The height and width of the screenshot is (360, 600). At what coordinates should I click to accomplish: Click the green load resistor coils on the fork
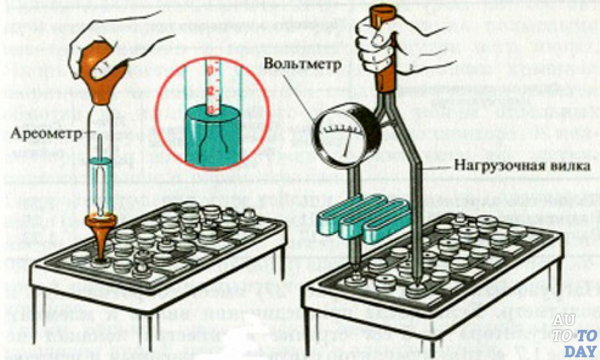(363, 216)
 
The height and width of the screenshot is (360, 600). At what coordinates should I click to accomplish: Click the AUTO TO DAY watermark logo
(575, 335)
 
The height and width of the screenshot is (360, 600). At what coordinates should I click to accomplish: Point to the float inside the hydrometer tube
(100, 183)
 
